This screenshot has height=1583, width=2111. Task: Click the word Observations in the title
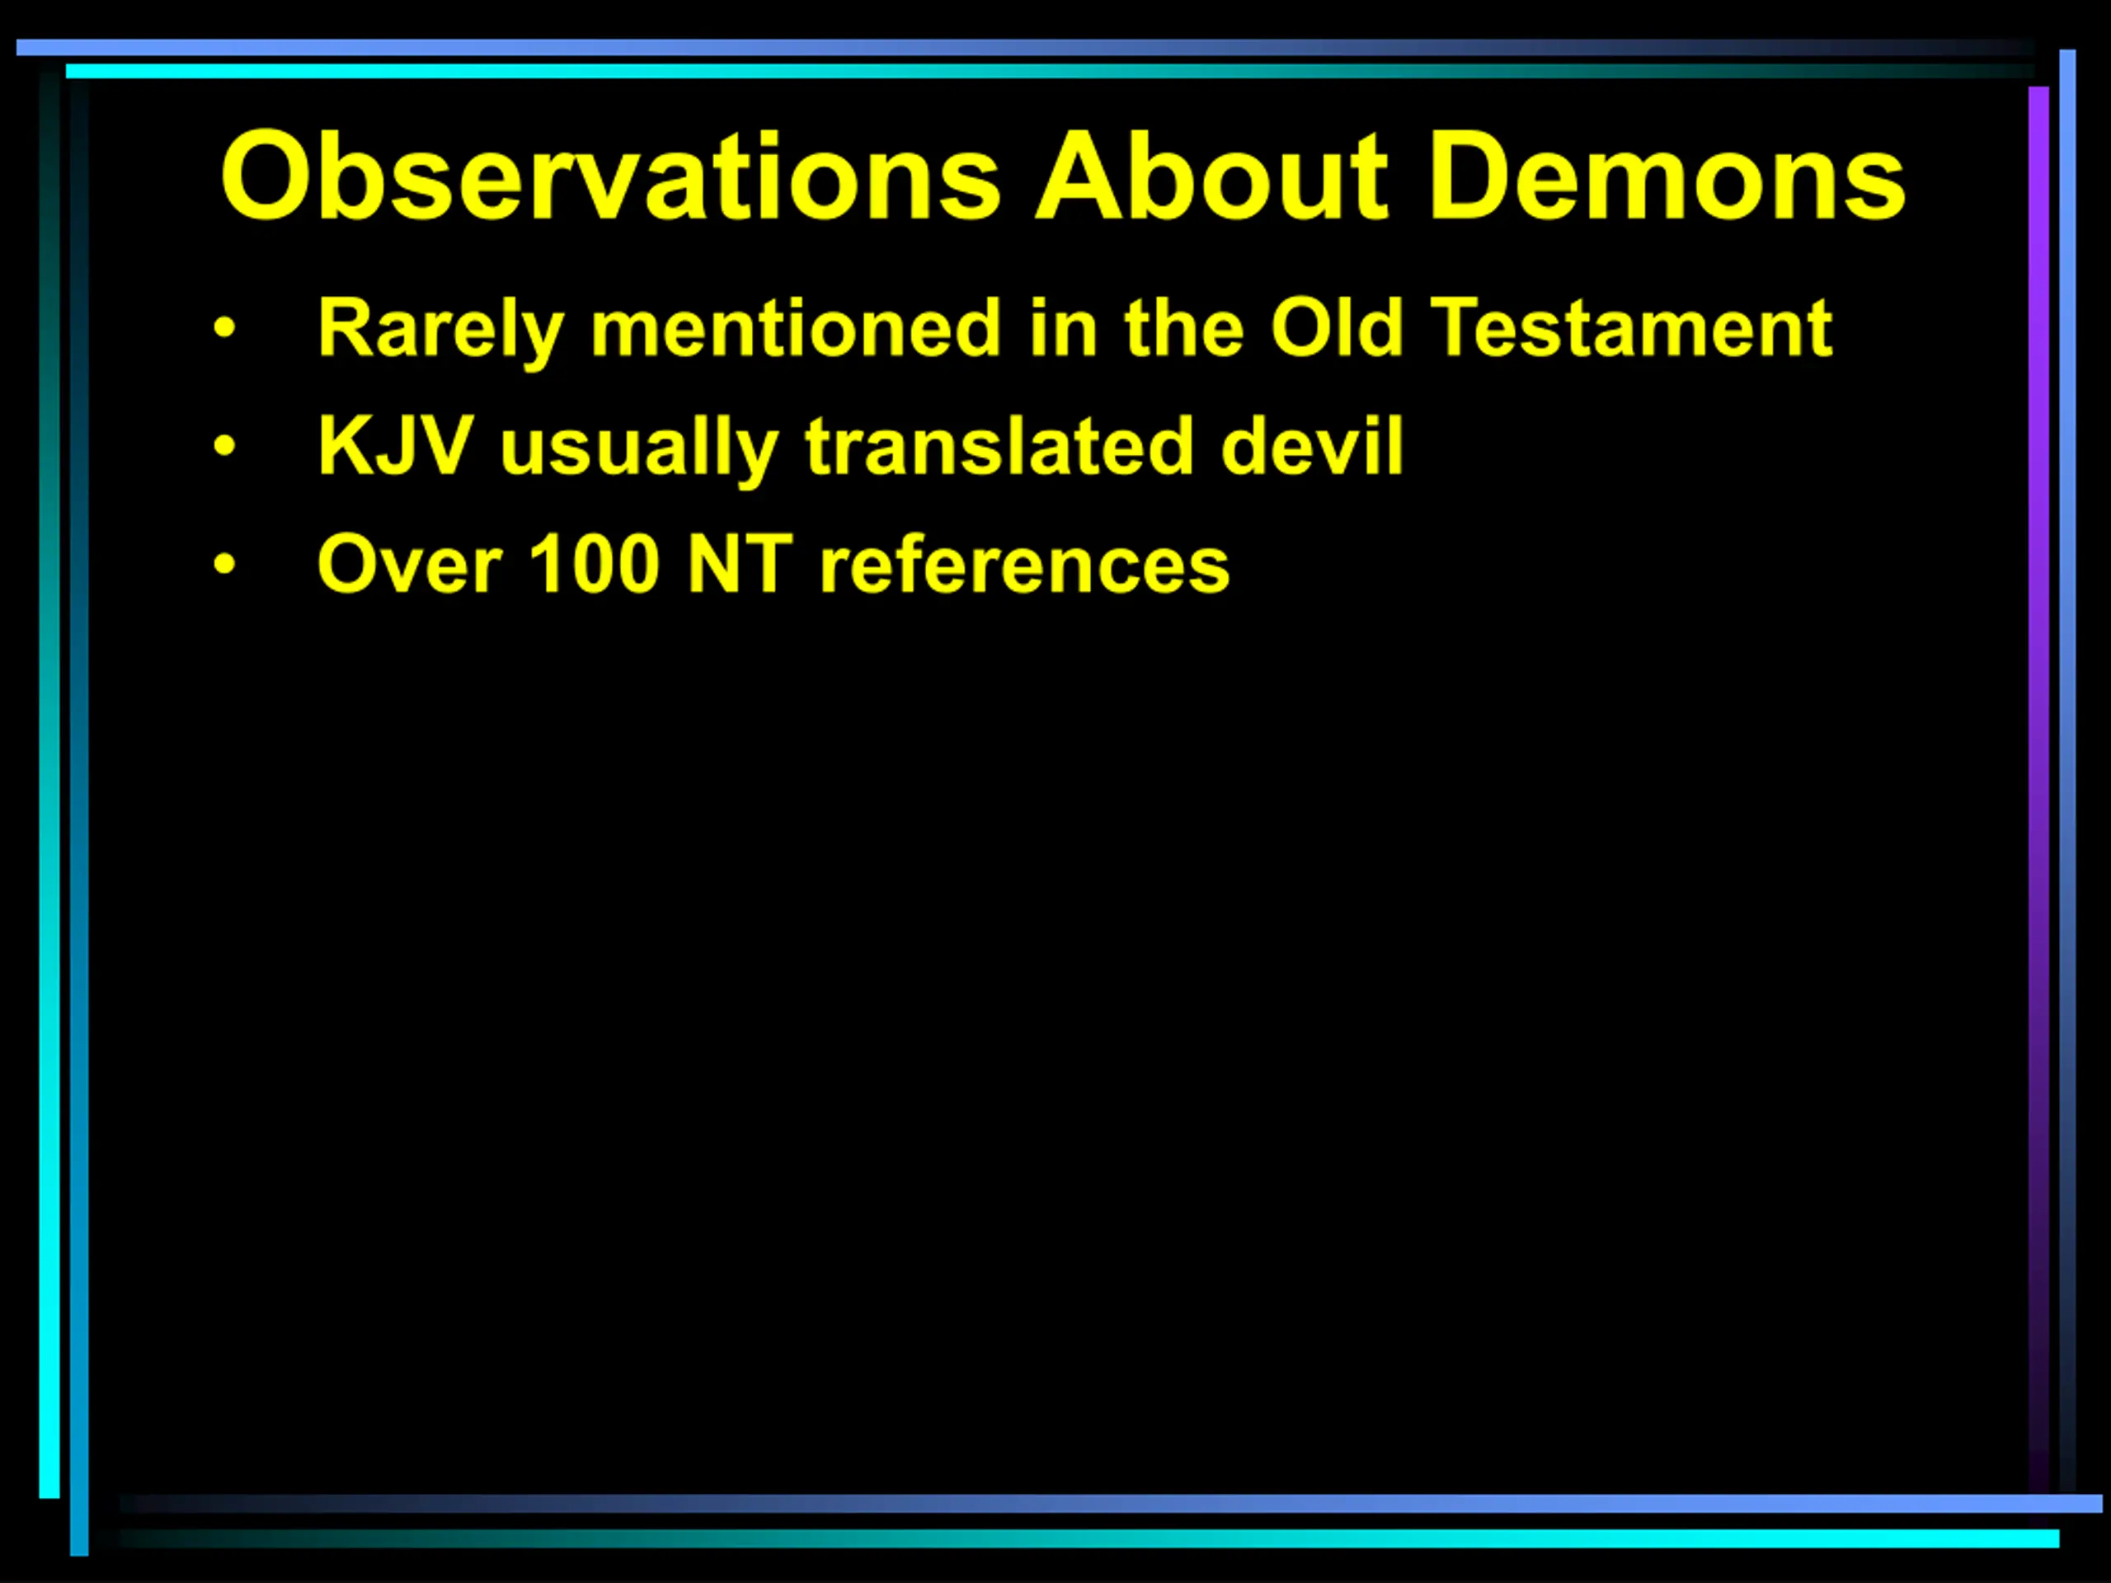click(x=611, y=176)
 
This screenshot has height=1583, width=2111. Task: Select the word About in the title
click(x=1212, y=176)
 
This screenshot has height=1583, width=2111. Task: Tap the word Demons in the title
click(x=1667, y=176)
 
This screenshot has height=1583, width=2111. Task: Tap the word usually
click(x=638, y=449)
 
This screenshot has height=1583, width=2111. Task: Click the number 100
click(x=594, y=564)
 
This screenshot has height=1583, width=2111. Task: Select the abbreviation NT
click(x=740, y=564)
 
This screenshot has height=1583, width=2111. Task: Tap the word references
click(x=1024, y=566)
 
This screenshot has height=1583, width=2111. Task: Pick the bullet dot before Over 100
click(x=224, y=565)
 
